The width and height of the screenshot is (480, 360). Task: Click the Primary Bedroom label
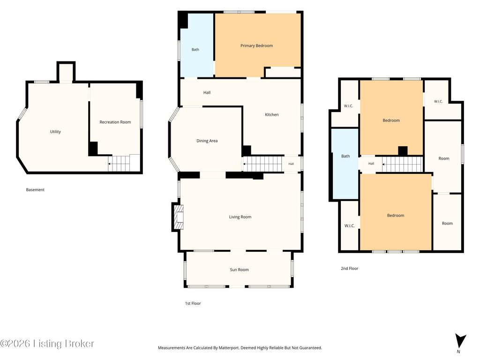tap(256, 45)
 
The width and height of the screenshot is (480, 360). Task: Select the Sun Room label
tap(239, 270)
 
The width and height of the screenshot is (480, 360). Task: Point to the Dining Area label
tap(207, 141)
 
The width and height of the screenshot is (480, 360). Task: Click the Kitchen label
tap(272, 115)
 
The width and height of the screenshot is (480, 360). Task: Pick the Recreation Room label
tap(115, 122)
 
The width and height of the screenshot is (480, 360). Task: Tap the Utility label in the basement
tap(55, 132)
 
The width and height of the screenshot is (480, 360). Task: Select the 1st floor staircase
tap(262, 164)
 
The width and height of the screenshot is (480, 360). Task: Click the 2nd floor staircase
tap(402, 164)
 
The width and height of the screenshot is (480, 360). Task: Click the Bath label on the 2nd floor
tap(345, 156)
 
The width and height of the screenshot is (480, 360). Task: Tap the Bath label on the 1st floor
tap(195, 50)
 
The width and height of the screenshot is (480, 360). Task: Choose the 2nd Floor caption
tap(350, 269)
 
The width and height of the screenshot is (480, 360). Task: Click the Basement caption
tap(35, 190)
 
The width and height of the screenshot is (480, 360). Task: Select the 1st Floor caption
tap(193, 303)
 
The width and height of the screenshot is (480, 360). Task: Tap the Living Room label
tap(240, 217)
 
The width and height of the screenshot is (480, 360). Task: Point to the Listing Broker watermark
tap(47, 344)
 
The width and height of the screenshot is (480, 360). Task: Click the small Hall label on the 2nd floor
tap(371, 164)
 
